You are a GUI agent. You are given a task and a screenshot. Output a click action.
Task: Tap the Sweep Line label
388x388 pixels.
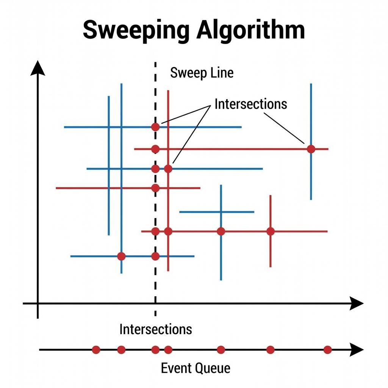pos(202,73)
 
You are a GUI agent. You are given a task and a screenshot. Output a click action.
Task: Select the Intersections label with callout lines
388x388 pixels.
pos(251,103)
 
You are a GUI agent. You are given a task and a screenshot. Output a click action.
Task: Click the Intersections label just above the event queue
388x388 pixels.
pos(155,329)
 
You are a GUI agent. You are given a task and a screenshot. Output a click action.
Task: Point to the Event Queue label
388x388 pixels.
pos(196,368)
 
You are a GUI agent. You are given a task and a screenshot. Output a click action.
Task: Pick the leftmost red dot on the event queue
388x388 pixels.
pos(96,350)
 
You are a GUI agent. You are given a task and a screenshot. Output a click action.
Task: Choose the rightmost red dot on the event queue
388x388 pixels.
pos(328,350)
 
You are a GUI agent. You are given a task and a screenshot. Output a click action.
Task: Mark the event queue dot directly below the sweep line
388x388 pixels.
pos(155,350)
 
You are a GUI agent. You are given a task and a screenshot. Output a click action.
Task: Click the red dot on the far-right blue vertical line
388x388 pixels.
pos(311,149)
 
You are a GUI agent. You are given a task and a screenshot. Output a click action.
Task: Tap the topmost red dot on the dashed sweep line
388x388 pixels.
pos(155,127)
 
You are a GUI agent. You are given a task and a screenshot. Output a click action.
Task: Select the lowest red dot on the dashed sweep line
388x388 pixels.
pos(155,256)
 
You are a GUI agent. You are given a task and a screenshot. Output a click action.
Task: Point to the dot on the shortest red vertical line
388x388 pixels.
pos(270,231)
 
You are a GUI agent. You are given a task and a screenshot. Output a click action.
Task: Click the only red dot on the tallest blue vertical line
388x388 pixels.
pos(121,256)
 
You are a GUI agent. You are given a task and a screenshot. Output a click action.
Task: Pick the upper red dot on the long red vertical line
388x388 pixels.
pos(168,169)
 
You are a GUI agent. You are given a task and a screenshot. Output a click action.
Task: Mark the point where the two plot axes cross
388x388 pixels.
pos(38,303)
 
